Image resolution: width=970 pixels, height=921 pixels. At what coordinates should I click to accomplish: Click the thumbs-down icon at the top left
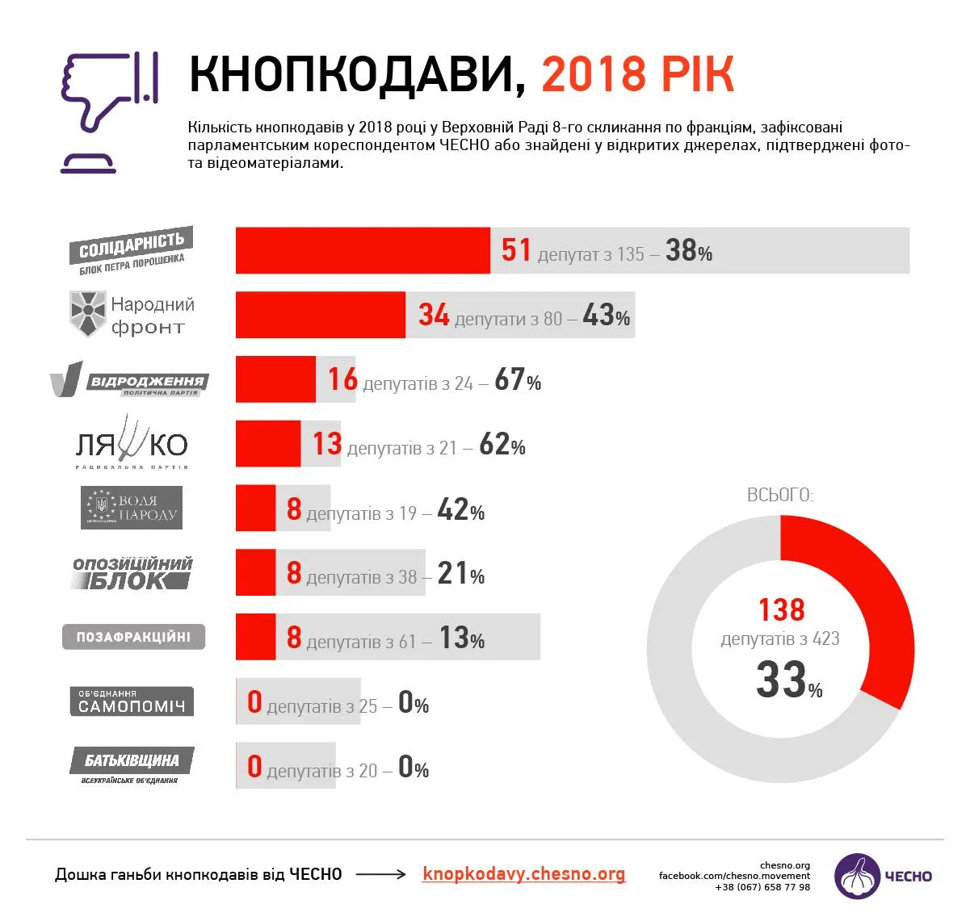[108, 111]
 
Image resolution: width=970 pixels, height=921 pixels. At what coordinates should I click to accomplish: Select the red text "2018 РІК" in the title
[637, 75]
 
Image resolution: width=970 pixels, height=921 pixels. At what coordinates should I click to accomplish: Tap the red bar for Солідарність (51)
[363, 251]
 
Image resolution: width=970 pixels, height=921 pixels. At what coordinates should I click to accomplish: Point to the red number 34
[434, 315]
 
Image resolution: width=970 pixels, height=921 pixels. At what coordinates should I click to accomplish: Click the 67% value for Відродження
[517, 380]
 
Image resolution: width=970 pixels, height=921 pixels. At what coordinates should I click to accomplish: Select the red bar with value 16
[275, 379]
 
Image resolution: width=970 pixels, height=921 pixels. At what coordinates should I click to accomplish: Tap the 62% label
[502, 445]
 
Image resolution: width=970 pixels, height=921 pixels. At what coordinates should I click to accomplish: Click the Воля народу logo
[132, 508]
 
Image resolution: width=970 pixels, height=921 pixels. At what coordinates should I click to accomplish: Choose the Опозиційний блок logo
[132, 573]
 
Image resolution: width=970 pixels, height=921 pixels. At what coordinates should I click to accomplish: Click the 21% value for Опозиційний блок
[460, 574]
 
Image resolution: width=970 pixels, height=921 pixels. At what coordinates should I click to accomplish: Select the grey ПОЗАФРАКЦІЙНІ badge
[133, 637]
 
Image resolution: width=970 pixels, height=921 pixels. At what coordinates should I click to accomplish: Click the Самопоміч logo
[132, 701]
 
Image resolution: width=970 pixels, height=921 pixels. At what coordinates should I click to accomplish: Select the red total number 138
[781, 610]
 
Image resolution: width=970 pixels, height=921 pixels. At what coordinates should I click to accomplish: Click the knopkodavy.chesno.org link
[523, 874]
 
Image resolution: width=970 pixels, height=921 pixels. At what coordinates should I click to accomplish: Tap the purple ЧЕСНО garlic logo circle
[858, 876]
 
